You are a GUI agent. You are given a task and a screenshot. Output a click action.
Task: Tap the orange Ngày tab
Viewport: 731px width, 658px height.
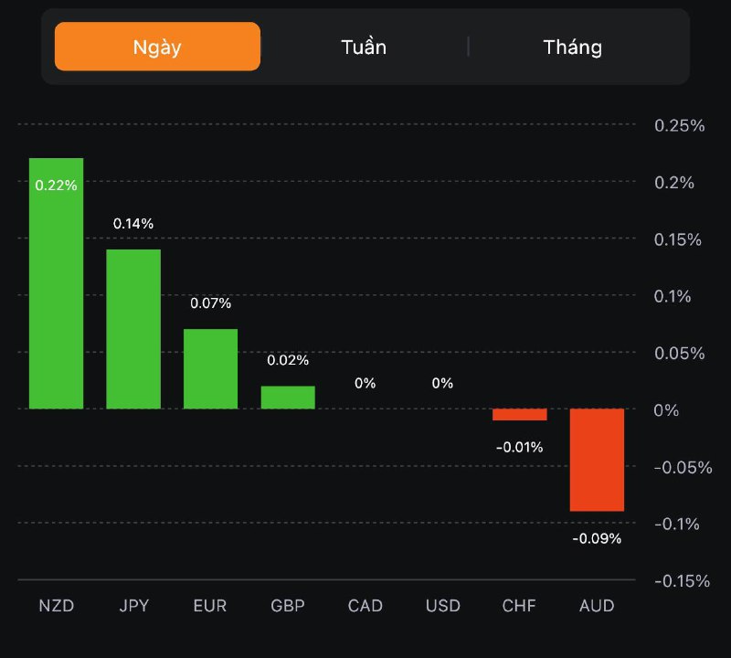[x=157, y=47]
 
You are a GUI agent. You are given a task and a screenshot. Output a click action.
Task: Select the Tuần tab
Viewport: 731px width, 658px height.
[x=364, y=47]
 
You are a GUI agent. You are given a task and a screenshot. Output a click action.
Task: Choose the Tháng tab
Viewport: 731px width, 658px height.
[x=573, y=47]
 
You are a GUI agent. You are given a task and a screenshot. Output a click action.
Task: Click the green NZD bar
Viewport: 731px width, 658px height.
[x=56, y=292]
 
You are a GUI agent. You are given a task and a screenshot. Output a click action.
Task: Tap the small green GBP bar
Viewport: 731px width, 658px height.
[x=288, y=397]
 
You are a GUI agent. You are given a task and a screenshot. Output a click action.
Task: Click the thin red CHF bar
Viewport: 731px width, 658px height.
[x=519, y=414]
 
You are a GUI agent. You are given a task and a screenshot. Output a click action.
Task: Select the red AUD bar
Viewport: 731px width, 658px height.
[x=597, y=459]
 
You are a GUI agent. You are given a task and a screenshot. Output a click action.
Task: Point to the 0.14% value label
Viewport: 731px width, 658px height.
[x=133, y=223]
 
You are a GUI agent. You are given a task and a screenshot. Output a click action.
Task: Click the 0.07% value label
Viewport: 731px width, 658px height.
[x=210, y=302]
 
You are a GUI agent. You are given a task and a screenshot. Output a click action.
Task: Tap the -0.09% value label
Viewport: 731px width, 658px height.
[x=597, y=538]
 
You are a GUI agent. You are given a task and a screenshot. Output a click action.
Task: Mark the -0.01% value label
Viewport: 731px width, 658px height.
[x=519, y=447]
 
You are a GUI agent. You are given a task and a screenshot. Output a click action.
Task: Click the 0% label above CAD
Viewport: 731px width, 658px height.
[x=365, y=383]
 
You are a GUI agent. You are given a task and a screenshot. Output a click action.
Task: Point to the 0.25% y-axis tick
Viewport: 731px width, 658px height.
[x=680, y=126]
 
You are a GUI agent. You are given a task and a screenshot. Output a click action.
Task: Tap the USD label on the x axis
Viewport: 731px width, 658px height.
[x=442, y=606]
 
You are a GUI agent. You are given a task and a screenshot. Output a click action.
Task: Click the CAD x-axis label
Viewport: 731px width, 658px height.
[x=365, y=606]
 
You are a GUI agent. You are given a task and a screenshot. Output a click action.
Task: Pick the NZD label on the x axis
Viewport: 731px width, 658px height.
[x=56, y=606]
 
